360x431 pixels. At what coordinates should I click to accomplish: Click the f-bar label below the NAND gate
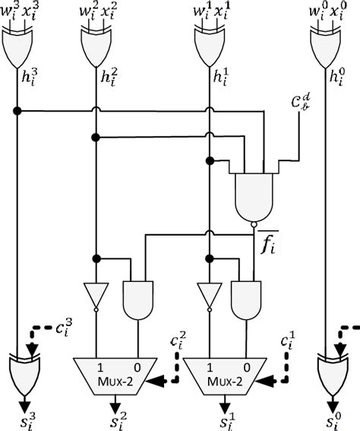pos(267,245)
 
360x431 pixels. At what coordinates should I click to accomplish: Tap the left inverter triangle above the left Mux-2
pos(95,296)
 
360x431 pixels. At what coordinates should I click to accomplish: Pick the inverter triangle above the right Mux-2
pos(207,296)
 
